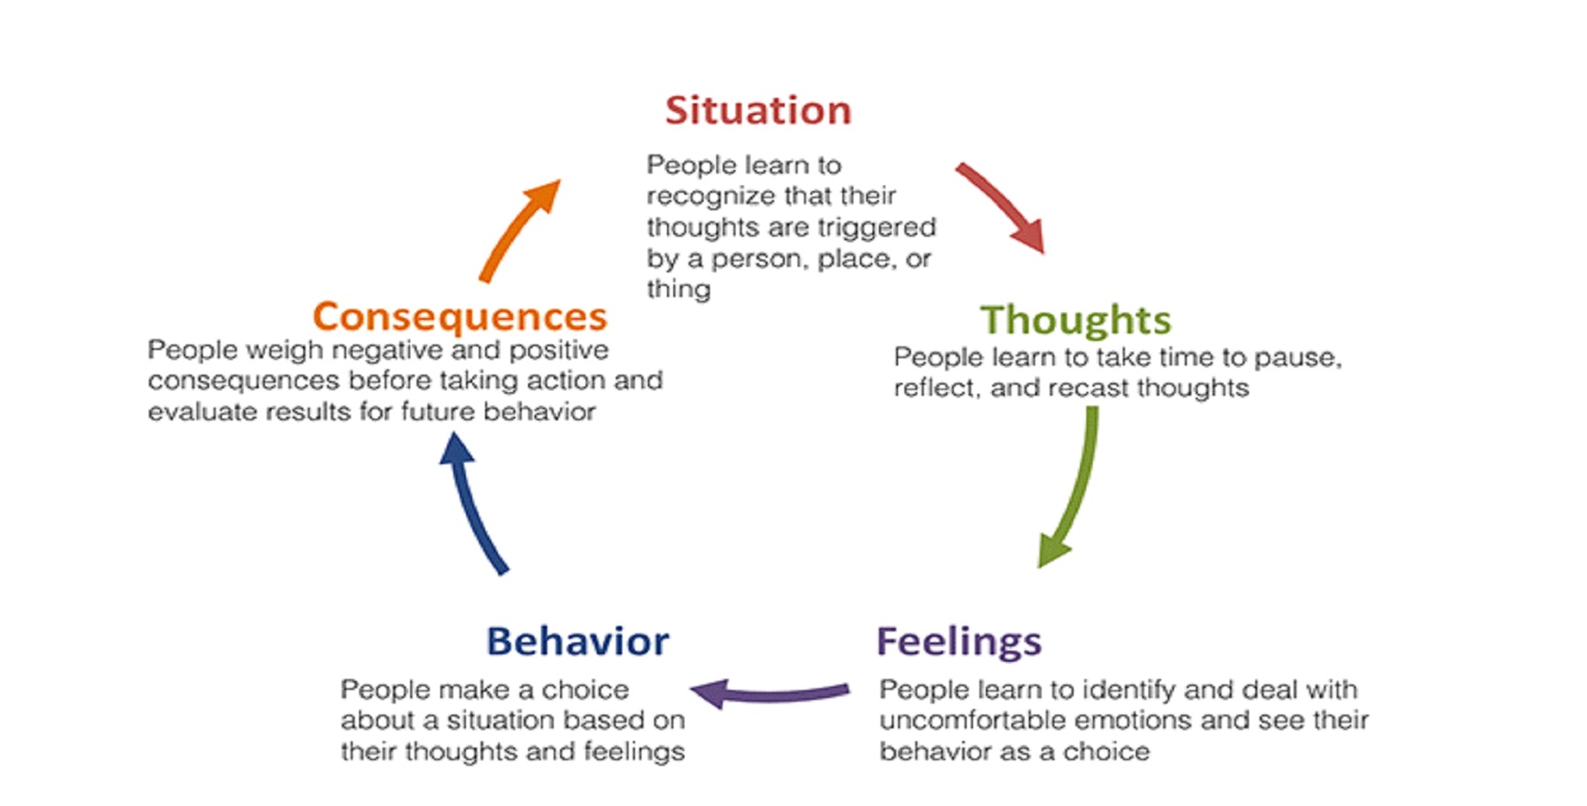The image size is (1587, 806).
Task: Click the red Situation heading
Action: pos(758,111)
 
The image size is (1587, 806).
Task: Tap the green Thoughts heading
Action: pos(1075,321)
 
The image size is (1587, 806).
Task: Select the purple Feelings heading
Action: pos(958,641)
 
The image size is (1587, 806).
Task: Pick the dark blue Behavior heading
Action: pos(577,642)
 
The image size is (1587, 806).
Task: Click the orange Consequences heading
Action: pos(460,316)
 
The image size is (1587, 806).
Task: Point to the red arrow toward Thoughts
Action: pos(1002,207)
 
